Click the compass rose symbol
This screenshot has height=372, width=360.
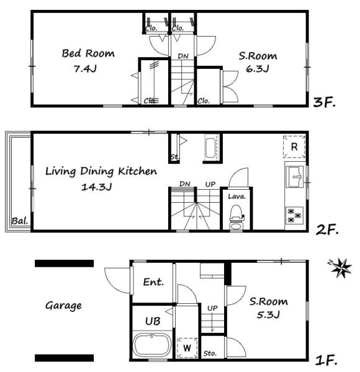(341, 268)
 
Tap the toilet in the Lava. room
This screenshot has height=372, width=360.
(236, 217)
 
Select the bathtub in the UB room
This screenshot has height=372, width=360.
(152, 345)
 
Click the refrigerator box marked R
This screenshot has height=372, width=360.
(294, 147)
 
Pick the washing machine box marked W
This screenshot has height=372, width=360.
(187, 348)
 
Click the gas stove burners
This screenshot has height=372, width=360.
(294, 215)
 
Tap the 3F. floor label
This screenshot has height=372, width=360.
(324, 102)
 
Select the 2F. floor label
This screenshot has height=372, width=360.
(326, 230)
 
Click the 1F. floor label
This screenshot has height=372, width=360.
(326, 360)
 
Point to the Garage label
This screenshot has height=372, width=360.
(63, 306)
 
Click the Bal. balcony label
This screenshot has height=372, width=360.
(20, 221)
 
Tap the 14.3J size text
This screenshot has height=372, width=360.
(96, 187)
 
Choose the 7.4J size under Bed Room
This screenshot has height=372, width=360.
(85, 69)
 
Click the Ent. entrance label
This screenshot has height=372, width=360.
(153, 282)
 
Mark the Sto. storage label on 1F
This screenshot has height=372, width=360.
(210, 353)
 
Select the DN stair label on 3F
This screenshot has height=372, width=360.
(183, 56)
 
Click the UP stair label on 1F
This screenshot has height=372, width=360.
(212, 308)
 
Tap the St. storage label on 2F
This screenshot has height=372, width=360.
(175, 157)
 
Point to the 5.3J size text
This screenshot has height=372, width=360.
(268, 315)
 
